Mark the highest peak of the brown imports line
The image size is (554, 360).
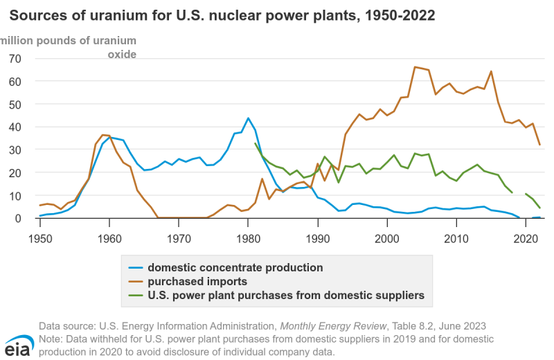pyautogui.click(x=415, y=67)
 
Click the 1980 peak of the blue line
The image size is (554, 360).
pyautogui.click(x=249, y=118)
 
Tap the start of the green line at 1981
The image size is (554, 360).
pyautogui.click(x=256, y=143)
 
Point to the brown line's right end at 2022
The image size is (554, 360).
pyautogui.click(x=539, y=145)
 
